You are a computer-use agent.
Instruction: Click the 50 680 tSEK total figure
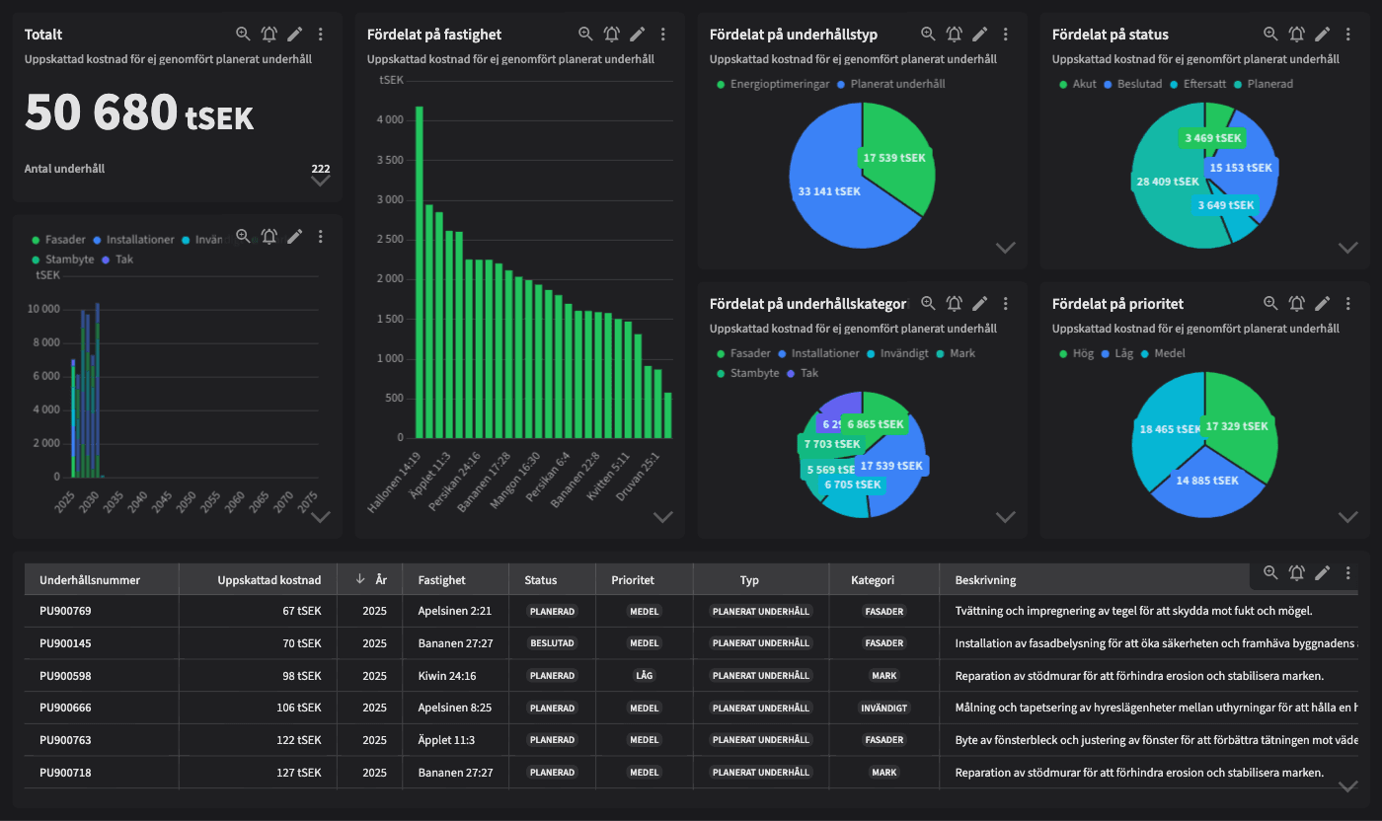(138, 113)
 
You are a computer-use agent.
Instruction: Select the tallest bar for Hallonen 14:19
(419, 271)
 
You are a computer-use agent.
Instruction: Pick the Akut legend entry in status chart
(1084, 84)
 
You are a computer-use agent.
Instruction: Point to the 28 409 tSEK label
(1168, 182)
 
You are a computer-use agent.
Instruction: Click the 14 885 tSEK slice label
(1206, 481)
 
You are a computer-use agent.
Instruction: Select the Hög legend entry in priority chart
(1083, 353)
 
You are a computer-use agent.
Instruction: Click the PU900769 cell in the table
(65, 611)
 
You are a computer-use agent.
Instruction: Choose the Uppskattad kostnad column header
(269, 580)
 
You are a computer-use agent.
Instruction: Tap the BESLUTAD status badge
(552, 643)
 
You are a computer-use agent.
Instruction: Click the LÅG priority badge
(645, 676)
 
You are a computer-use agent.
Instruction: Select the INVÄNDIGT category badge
(883, 709)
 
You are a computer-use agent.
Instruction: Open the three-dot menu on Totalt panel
(321, 35)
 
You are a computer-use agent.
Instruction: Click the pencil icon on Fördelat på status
(1323, 35)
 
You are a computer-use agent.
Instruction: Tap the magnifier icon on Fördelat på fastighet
(585, 35)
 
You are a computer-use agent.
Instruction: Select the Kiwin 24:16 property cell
(447, 676)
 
